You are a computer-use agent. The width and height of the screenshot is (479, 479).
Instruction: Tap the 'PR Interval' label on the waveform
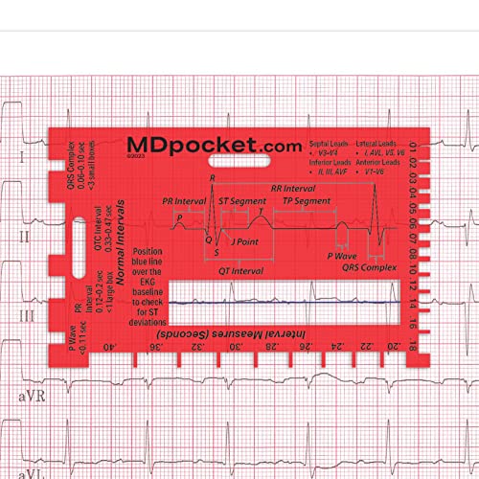pos(184,202)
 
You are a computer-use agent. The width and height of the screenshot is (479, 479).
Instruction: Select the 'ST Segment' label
pos(242,201)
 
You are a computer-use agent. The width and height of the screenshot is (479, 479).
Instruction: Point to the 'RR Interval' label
pos(293,189)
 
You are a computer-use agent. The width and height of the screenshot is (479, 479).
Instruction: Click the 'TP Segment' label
pos(307,202)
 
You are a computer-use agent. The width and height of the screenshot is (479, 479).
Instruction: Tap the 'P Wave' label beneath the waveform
pos(342,257)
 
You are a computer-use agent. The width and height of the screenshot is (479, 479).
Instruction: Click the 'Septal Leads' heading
pos(329,140)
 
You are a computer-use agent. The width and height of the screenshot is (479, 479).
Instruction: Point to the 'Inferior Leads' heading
pos(329,163)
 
